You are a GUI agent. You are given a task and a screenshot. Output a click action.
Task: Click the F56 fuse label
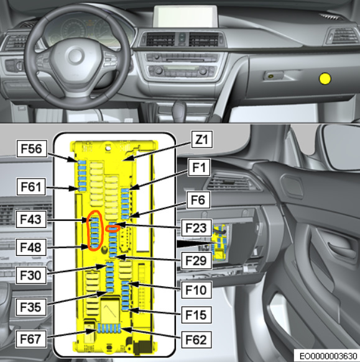click(x=32, y=148)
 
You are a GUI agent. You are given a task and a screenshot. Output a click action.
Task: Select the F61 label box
click(x=31, y=186)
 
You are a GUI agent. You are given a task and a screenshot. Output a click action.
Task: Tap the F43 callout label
click(x=31, y=219)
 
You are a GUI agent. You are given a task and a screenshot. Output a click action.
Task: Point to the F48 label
click(x=31, y=247)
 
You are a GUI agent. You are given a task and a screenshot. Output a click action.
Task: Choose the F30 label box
click(x=31, y=275)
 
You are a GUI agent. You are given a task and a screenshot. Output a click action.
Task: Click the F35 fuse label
click(x=31, y=307)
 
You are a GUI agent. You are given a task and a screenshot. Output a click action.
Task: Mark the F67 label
click(x=31, y=339)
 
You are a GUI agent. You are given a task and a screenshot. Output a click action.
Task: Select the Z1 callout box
click(x=202, y=140)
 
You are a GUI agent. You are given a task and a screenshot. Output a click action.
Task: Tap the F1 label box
click(x=199, y=167)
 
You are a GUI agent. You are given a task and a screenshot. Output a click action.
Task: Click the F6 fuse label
click(x=198, y=200)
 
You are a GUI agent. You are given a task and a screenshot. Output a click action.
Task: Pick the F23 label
click(x=196, y=228)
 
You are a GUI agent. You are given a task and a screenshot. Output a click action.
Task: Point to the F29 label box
click(x=196, y=260)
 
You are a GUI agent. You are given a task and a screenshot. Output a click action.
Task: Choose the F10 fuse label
click(x=196, y=290)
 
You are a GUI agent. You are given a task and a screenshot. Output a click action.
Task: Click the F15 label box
click(x=196, y=315)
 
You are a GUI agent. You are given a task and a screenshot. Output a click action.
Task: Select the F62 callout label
click(x=196, y=340)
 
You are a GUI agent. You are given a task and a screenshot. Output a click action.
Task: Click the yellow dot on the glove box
click(x=325, y=79)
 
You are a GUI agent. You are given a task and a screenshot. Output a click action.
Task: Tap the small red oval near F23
click(x=113, y=229)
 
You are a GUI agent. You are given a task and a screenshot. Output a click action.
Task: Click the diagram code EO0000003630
click(x=328, y=356)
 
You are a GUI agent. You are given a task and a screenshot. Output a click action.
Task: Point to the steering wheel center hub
click(x=75, y=56)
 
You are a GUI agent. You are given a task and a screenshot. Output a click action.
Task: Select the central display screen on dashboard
click(x=185, y=16)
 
